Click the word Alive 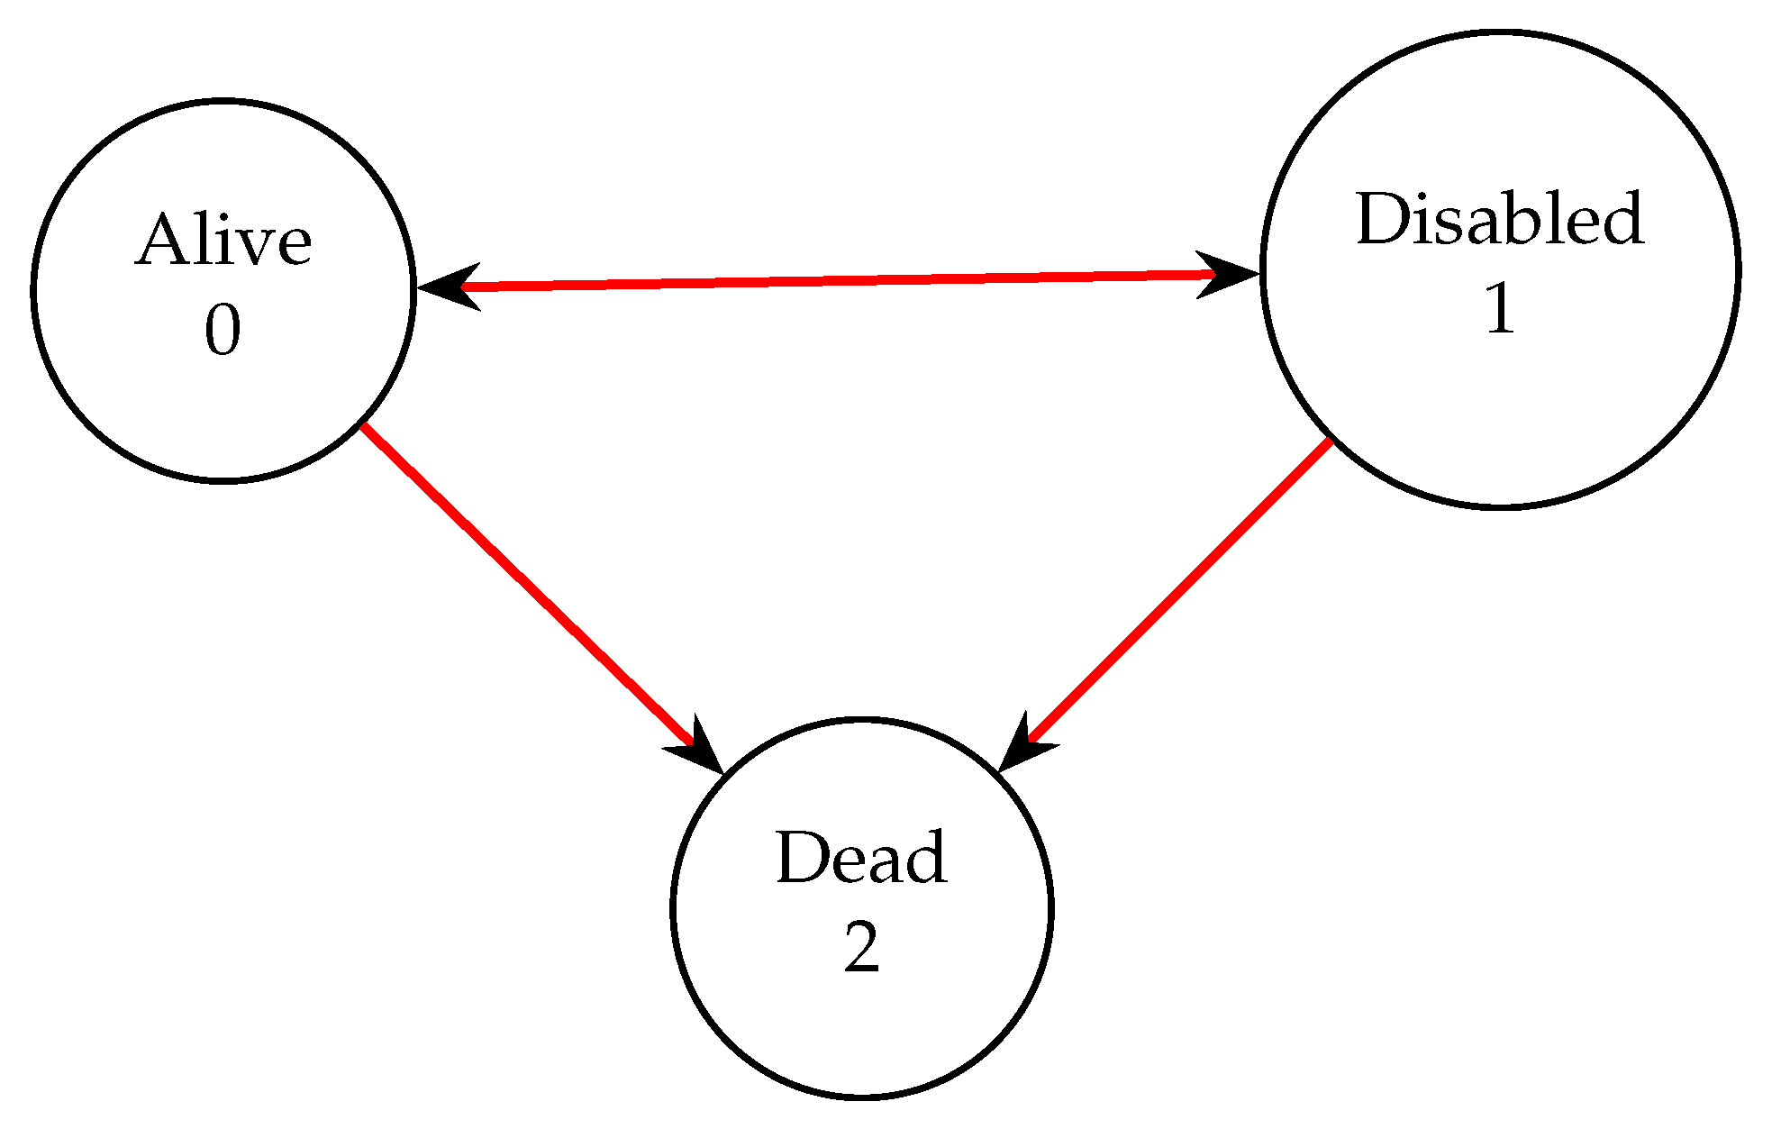223,241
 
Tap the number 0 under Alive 223,331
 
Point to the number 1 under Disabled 1500,309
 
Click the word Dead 861,859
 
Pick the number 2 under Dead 861,948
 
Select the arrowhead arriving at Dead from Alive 701,750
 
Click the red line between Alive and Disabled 838,280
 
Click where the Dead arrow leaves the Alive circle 363,424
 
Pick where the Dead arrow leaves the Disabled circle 1331,440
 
